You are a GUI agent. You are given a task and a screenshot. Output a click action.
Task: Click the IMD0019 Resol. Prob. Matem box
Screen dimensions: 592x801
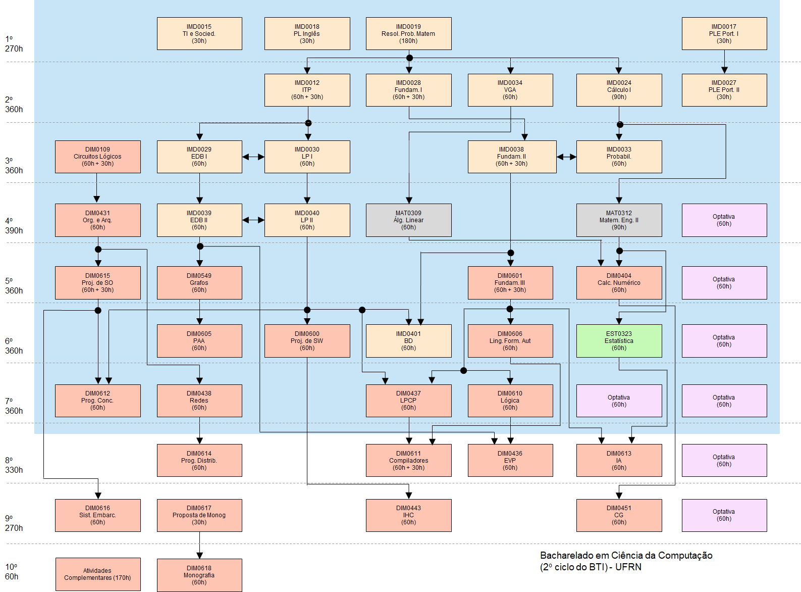pos(408,34)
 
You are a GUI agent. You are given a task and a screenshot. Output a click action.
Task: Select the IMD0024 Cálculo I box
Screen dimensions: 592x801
pos(619,90)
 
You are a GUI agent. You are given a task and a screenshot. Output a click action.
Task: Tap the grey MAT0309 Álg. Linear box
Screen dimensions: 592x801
pos(408,220)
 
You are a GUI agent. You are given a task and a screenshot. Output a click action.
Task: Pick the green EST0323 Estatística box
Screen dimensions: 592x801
pos(619,341)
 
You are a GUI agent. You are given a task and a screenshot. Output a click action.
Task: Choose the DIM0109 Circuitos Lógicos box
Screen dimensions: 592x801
pos(97,157)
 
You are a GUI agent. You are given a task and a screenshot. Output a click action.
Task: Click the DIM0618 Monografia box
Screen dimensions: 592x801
pos(199,575)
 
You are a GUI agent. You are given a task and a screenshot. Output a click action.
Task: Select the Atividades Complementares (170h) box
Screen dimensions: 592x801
pos(97,574)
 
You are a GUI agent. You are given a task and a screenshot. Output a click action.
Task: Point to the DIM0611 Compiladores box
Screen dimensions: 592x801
pos(408,461)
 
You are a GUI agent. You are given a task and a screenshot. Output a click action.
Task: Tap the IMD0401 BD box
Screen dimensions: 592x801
pos(408,341)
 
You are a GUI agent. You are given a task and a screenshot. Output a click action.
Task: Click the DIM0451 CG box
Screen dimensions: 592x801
pos(619,515)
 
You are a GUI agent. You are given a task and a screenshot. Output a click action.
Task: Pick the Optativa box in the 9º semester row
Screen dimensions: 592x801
pos(724,515)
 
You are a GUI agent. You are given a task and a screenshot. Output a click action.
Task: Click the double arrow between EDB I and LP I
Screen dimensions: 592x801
pos(253,157)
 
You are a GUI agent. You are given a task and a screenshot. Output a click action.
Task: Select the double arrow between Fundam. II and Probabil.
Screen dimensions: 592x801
pos(566,157)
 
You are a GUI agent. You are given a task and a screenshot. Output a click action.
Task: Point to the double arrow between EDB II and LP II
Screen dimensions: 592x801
pos(253,220)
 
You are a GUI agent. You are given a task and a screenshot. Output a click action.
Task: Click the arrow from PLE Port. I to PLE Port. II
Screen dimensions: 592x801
pos(724,62)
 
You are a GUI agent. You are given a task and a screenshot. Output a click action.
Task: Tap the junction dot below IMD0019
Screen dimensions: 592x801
pos(409,58)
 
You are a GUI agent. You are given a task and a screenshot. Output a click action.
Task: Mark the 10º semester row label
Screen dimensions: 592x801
pos(11,567)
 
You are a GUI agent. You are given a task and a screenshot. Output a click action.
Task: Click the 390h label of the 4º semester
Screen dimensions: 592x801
pos(14,231)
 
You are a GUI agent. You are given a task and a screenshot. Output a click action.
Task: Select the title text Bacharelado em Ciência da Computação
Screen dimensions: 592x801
pos(626,556)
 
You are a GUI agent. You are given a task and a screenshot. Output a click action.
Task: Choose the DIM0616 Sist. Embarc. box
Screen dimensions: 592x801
pos(97,515)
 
